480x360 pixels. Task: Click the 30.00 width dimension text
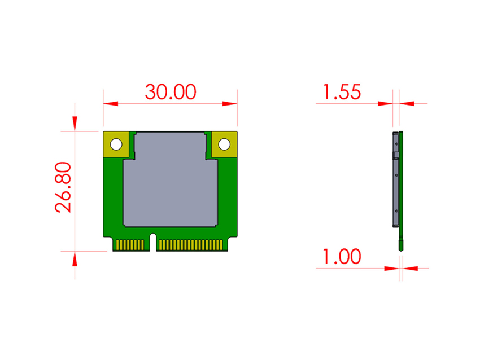tap(170, 91)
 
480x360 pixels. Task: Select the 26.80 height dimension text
tap(64, 187)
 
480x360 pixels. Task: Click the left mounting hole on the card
tap(116, 144)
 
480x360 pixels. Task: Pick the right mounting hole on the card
tap(224, 144)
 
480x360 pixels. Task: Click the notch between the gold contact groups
tap(152, 242)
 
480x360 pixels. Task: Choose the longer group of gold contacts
tap(191, 245)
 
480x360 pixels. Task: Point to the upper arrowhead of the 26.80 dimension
tap(75, 124)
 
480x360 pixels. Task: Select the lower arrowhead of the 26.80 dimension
tap(75, 258)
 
